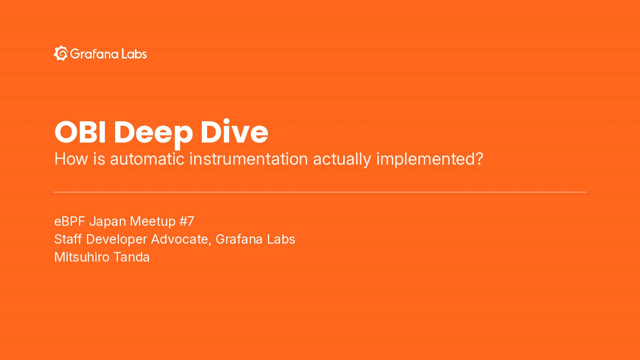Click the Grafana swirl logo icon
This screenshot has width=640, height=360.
[61, 53]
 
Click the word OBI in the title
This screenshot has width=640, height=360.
[80, 132]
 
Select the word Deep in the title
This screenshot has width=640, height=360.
[154, 133]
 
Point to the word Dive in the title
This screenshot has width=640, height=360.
[234, 131]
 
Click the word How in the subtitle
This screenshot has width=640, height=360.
[71, 159]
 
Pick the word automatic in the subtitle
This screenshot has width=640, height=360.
[147, 159]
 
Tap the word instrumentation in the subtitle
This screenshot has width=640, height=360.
[249, 159]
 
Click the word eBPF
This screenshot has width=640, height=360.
[70, 221]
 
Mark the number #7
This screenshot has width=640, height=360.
[187, 221]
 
